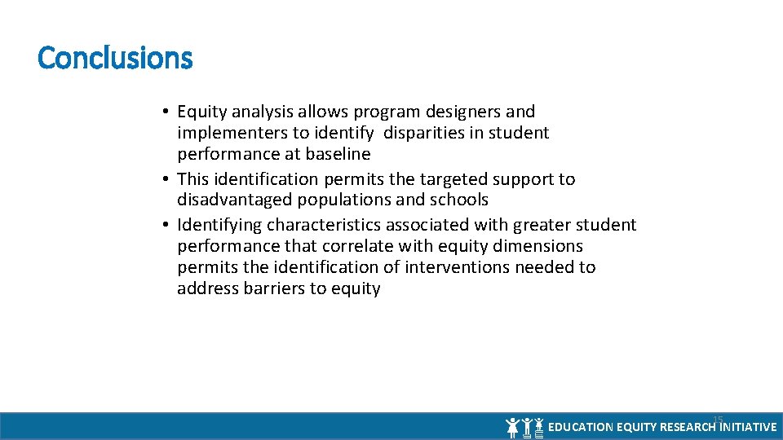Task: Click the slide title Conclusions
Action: point(115,58)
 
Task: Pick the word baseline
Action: point(338,154)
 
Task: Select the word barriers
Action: point(274,288)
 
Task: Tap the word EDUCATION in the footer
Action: point(581,427)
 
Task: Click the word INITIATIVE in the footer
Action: point(748,427)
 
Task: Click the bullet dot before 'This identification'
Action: point(166,179)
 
